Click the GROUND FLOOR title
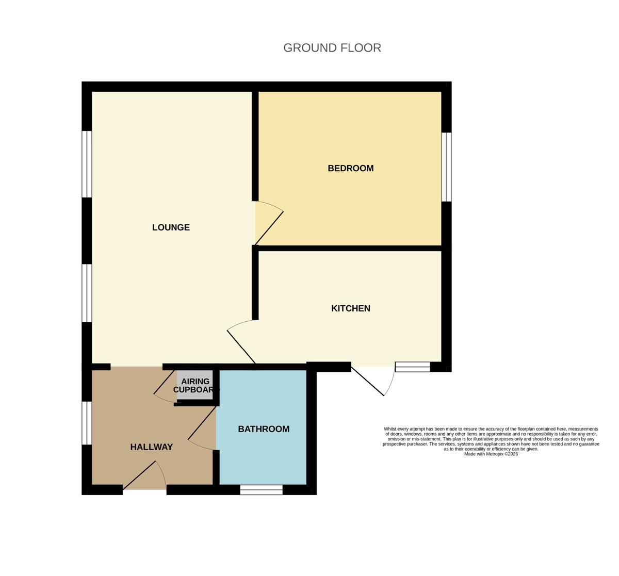point(332,48)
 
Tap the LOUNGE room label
point(171,227)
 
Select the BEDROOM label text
point(351,168)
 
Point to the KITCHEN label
point(351,308)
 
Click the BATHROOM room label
point(264,429)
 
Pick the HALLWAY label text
point(152,447)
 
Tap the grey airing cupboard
point(195,385)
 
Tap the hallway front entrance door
point(144,475)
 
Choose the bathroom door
point(202,427)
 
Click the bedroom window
point(446,167)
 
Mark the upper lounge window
point(87,164)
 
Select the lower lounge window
point(87,293)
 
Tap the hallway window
point(87,423)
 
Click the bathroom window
point(261,490)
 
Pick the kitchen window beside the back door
point(413,367)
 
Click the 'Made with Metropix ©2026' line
point(491,454)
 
